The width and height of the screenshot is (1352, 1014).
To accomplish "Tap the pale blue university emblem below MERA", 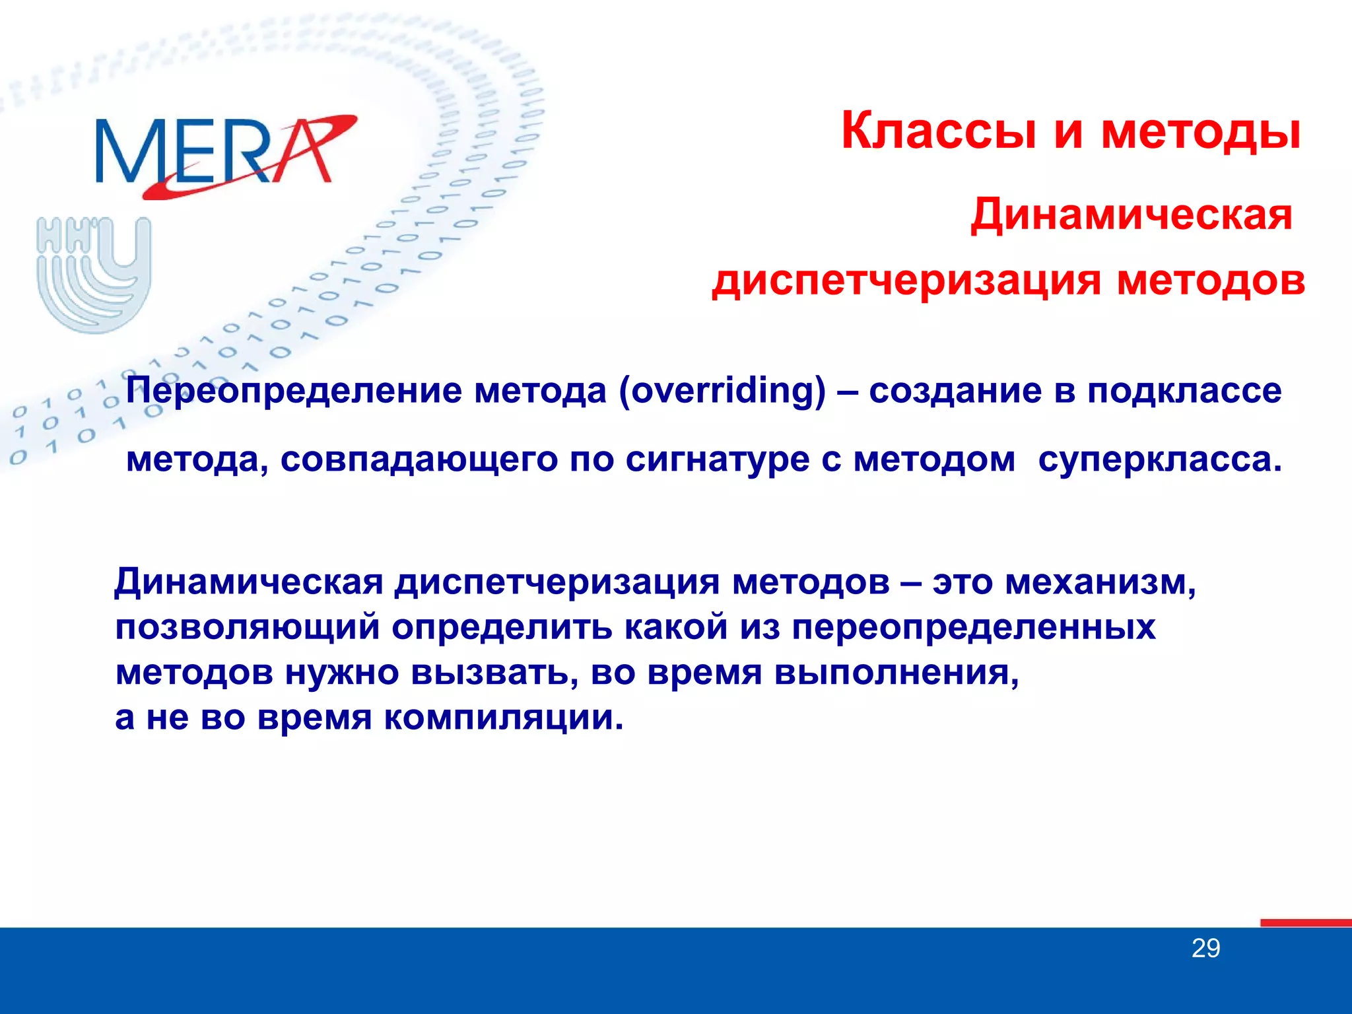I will tap(94, 273).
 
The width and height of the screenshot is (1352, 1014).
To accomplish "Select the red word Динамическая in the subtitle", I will tap(1132, 216).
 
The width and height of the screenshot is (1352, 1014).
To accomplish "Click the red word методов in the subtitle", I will tap(1211, 281).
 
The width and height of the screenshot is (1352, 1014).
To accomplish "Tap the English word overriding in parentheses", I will tap(723, 390).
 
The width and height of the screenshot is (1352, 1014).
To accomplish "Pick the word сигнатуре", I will tap(717, 459).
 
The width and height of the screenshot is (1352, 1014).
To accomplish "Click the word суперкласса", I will tap(1159, 459).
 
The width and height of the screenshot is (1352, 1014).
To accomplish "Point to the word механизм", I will tap(1100, 582).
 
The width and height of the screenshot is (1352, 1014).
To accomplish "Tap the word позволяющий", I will tap(248, 628).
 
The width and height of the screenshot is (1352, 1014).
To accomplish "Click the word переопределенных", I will tap(974, 628).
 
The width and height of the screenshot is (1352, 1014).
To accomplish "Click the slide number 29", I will tap(1205, 949).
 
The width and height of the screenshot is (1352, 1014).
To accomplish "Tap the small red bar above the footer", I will tap(1305, 923).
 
